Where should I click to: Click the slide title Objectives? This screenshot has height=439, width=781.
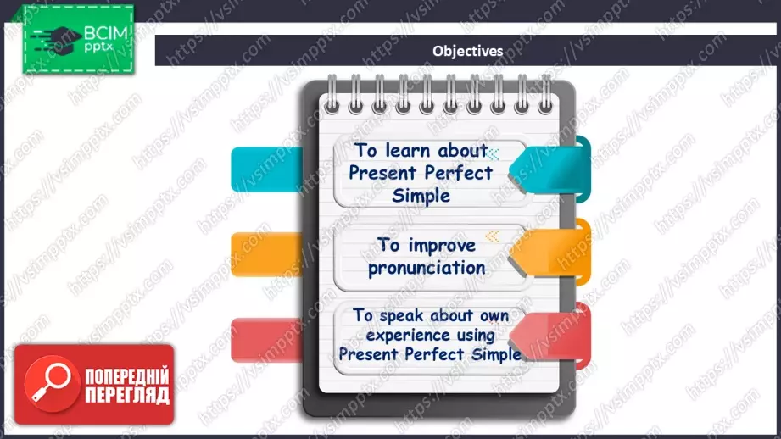point(467,51)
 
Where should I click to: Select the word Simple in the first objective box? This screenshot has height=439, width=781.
point(421,195)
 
